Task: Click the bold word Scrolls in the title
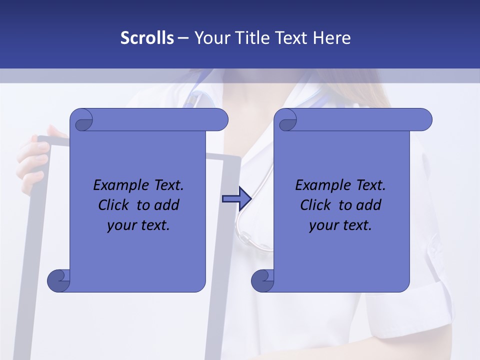(x=147, y=37)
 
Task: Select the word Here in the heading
(x=332, y=37)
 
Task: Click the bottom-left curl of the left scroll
(x=58, y=280)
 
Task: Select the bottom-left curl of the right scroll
(x=262, y=280)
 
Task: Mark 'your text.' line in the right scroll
(x=340, y=225)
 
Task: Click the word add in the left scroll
(x=167, y=205)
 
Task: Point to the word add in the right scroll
(x=369, y=205)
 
